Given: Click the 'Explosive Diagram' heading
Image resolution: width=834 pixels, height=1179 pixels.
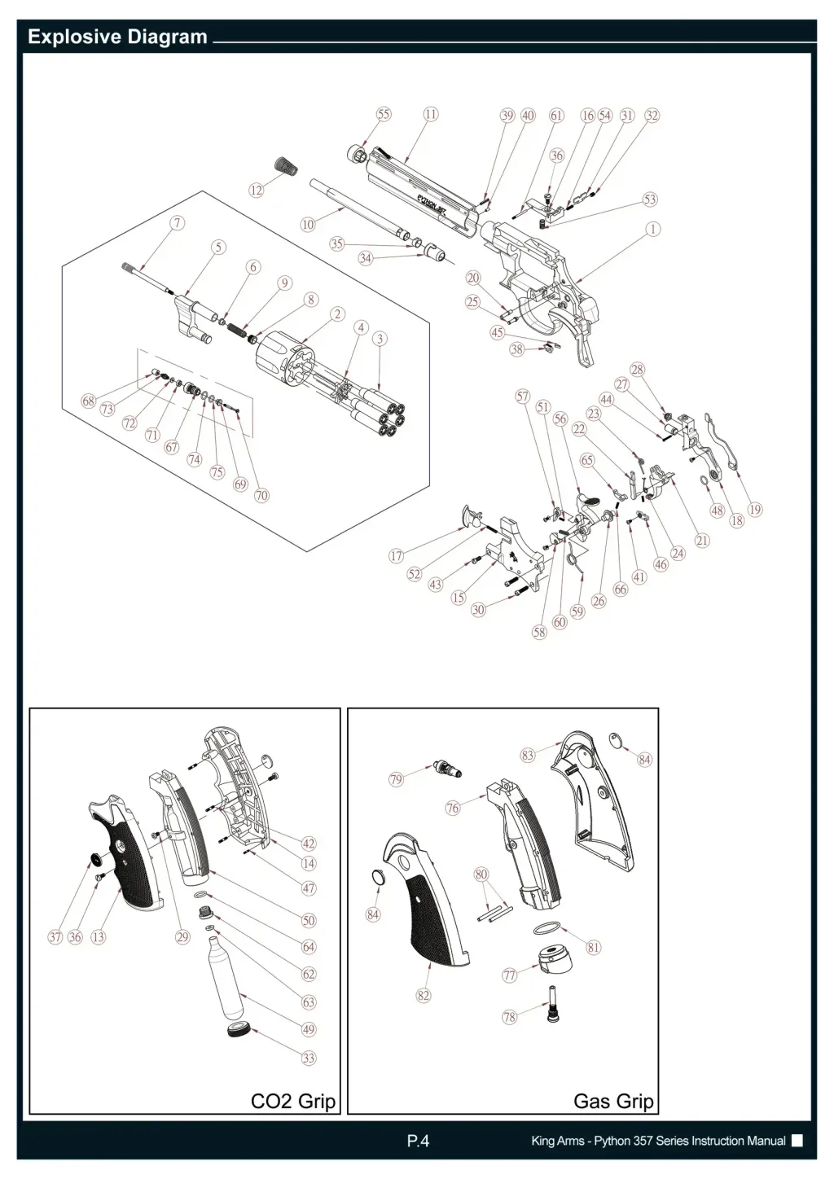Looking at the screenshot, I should point(117,37).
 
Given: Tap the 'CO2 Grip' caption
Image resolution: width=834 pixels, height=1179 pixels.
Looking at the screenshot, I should point(292,1102).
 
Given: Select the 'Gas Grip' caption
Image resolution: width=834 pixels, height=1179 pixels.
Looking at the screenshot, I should point(613,1102).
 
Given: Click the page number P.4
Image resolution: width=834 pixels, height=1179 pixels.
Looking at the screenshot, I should point(417,1141).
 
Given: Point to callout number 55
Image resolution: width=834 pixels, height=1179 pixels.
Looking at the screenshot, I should point(383,114).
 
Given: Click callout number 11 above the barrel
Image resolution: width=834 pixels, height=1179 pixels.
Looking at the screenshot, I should point(430,114).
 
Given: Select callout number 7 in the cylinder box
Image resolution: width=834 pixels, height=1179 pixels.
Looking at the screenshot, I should point(177,222).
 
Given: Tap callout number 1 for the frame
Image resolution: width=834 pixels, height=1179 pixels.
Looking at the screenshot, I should point(652,230).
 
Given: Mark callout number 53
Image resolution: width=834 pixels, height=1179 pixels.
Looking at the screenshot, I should point(649,199).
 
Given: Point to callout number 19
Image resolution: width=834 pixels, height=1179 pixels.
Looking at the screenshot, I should point(755,510).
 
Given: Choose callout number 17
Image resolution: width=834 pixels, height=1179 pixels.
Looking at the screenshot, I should point(396,556).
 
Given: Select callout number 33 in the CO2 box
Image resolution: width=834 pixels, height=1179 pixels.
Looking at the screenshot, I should point(309,1058).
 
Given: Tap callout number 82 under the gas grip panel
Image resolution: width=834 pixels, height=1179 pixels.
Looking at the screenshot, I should point(424,995).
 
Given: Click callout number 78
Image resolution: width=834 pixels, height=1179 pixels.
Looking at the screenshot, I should point(510,1017).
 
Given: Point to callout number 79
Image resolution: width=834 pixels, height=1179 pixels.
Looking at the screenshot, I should point(396,780).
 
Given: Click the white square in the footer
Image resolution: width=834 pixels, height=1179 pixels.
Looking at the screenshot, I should point(797,1141).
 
